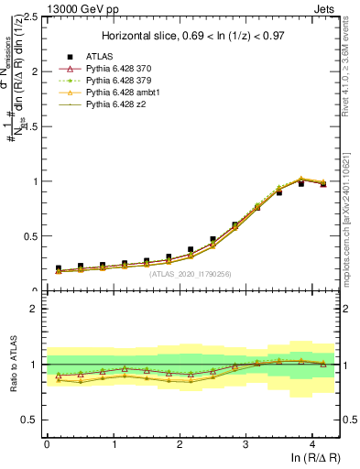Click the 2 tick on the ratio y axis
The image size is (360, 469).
(35, 309)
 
